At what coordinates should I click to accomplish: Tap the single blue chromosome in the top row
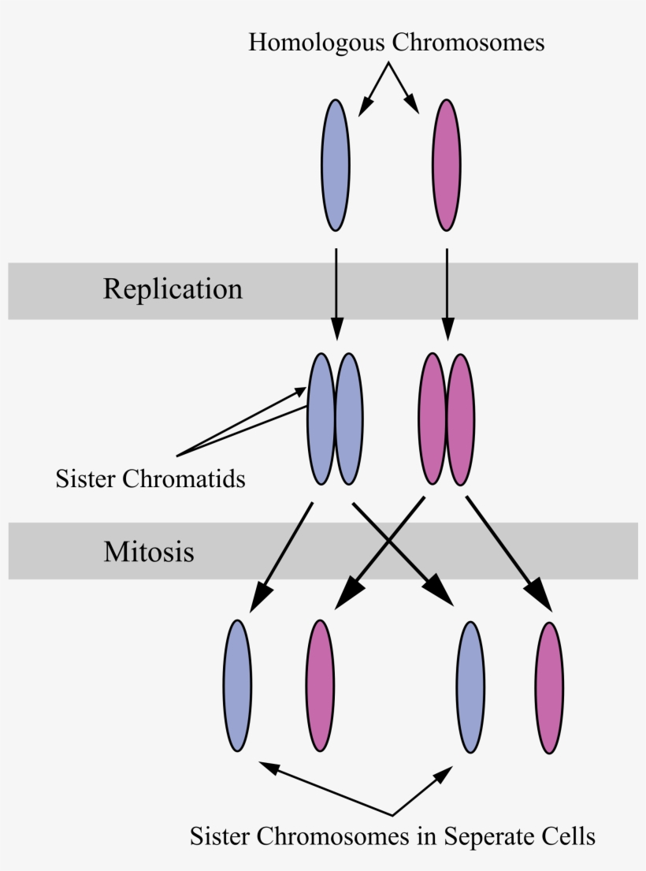coord(336,166)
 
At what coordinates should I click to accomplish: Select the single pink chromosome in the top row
coord(447,166)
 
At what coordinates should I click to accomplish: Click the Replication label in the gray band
coord(173,289)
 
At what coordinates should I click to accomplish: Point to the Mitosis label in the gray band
coord(148,551)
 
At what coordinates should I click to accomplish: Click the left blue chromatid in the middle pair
coord(321,419)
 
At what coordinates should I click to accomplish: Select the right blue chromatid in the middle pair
coord(349,419)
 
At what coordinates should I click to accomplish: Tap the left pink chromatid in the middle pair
coord(433,419)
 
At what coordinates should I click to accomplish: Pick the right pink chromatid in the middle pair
coord(460,419)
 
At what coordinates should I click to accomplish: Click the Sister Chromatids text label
coord(150,478)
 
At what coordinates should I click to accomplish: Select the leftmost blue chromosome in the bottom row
coord(238,686)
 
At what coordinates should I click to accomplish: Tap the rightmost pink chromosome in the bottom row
coord(549,687)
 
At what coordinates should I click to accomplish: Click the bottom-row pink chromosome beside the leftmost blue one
coord(320,686)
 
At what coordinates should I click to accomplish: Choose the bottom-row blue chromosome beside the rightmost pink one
coord(470,687)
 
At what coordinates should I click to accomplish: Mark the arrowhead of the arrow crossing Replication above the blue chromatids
coord(336,332)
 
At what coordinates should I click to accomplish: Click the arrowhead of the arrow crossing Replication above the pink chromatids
coord(447,332)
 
